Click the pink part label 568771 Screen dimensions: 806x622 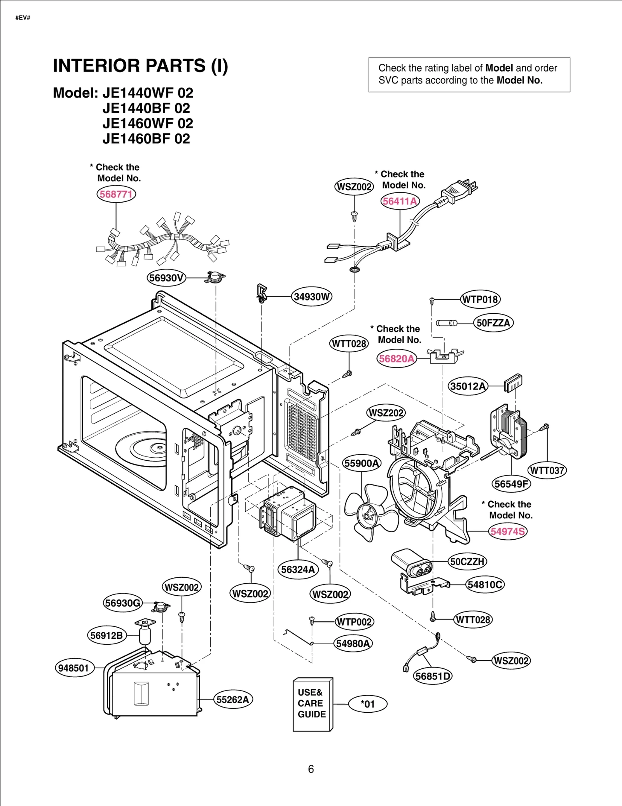pyautogui.click(x=116, y=194)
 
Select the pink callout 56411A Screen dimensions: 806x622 pyautogui.click(x=400, y=201)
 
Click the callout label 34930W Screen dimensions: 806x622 pyautogui.click(x=311, y=297)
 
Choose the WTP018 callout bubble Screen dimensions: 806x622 pyautogui.click(x=480, y=299)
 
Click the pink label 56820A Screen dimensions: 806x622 pyautogui.click(x=397, y=358)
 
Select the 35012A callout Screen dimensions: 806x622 pyautogui.click(x=468, y=386)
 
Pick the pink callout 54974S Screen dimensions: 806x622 pyautogui.click(x=507, y=531)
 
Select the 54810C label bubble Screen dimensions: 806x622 pyautogui.click(x=485, y=584)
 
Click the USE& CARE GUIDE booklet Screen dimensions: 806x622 pyautogui.click(x=312, y=705)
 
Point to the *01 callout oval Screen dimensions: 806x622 pyautogui.click(x=367, y=704)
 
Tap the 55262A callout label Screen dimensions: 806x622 pyautogui.click(x=232, y=699)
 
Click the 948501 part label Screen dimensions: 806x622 pyautogui.click(x=74, y=668)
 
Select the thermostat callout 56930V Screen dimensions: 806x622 pyautogui.click(x=166, y=278)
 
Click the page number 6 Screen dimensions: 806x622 pyautogui.click(x=311, y=769)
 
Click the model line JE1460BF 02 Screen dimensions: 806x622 pyautogui.click(x=146, y=139)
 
